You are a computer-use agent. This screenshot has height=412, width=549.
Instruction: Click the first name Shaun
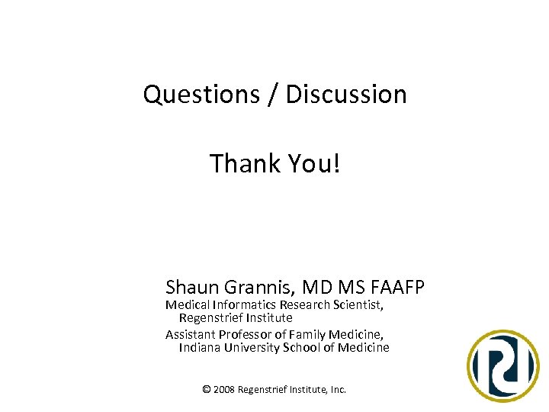coord(191,288)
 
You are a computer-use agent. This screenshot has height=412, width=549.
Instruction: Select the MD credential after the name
coord(316,288)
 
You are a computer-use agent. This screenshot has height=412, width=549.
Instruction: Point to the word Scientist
coord(357,305)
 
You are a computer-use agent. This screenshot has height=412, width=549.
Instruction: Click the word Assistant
coord(190,334)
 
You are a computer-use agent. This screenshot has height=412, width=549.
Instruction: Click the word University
coord(252,348)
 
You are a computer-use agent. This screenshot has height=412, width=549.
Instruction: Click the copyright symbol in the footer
coord(206,389)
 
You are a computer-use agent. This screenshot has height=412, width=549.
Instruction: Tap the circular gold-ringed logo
coord(503,365)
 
